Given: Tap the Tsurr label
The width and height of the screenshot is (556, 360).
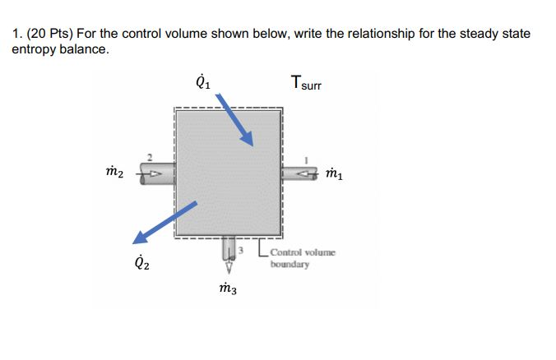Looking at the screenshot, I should [307, 83].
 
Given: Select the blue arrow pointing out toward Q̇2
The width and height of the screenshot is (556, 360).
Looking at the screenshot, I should [164, 224].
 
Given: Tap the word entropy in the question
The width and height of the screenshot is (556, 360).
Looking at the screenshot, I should [34, 49].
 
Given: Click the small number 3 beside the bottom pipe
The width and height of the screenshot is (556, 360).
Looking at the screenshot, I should [242, 247].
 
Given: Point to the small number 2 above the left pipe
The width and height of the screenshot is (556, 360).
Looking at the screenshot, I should [150, 158].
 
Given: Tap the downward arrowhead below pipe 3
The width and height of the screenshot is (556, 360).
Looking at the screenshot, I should [229, 266].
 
